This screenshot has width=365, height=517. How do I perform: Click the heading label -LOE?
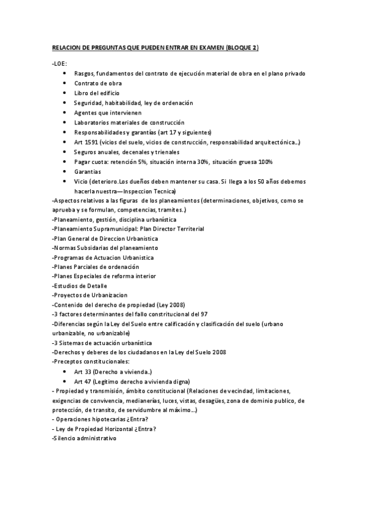point(60,63)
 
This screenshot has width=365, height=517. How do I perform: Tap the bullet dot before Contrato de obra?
point(65,83)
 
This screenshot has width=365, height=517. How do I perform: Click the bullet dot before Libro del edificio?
point(65,93)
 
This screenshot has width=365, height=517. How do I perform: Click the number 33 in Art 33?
point(87,371)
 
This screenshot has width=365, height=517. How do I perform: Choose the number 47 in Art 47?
point(87,381)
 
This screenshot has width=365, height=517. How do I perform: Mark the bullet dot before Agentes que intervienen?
point(65,113)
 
